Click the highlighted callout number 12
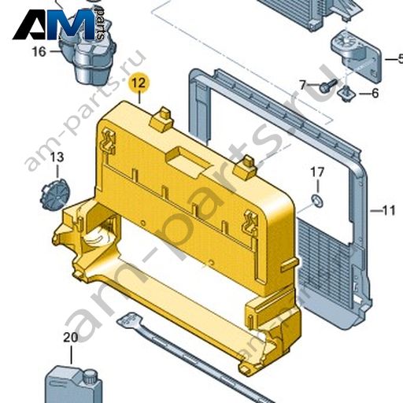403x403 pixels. point(139,83)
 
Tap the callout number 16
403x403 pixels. point(39,51)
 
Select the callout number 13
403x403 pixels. point(57,157)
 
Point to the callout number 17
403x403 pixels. point(317,172)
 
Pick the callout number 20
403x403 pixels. point(71,338)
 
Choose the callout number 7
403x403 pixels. point(303,85)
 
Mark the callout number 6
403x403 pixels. point(375,93)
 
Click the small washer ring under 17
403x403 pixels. point(317,201)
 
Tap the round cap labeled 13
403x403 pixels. point(54,194)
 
